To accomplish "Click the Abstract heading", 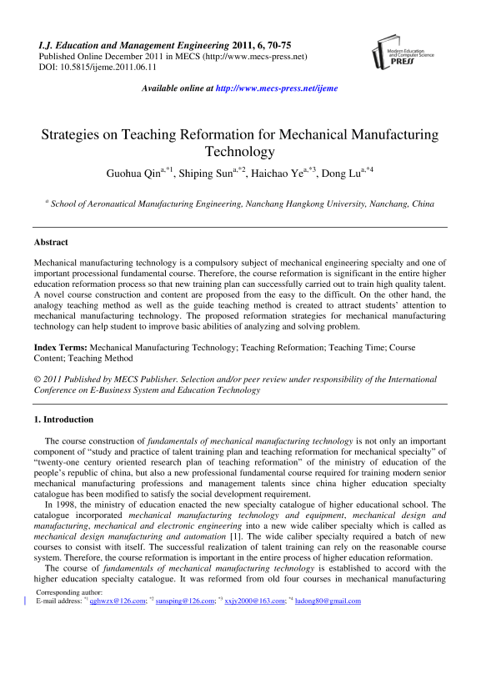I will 51,242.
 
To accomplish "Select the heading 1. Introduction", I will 63,419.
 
